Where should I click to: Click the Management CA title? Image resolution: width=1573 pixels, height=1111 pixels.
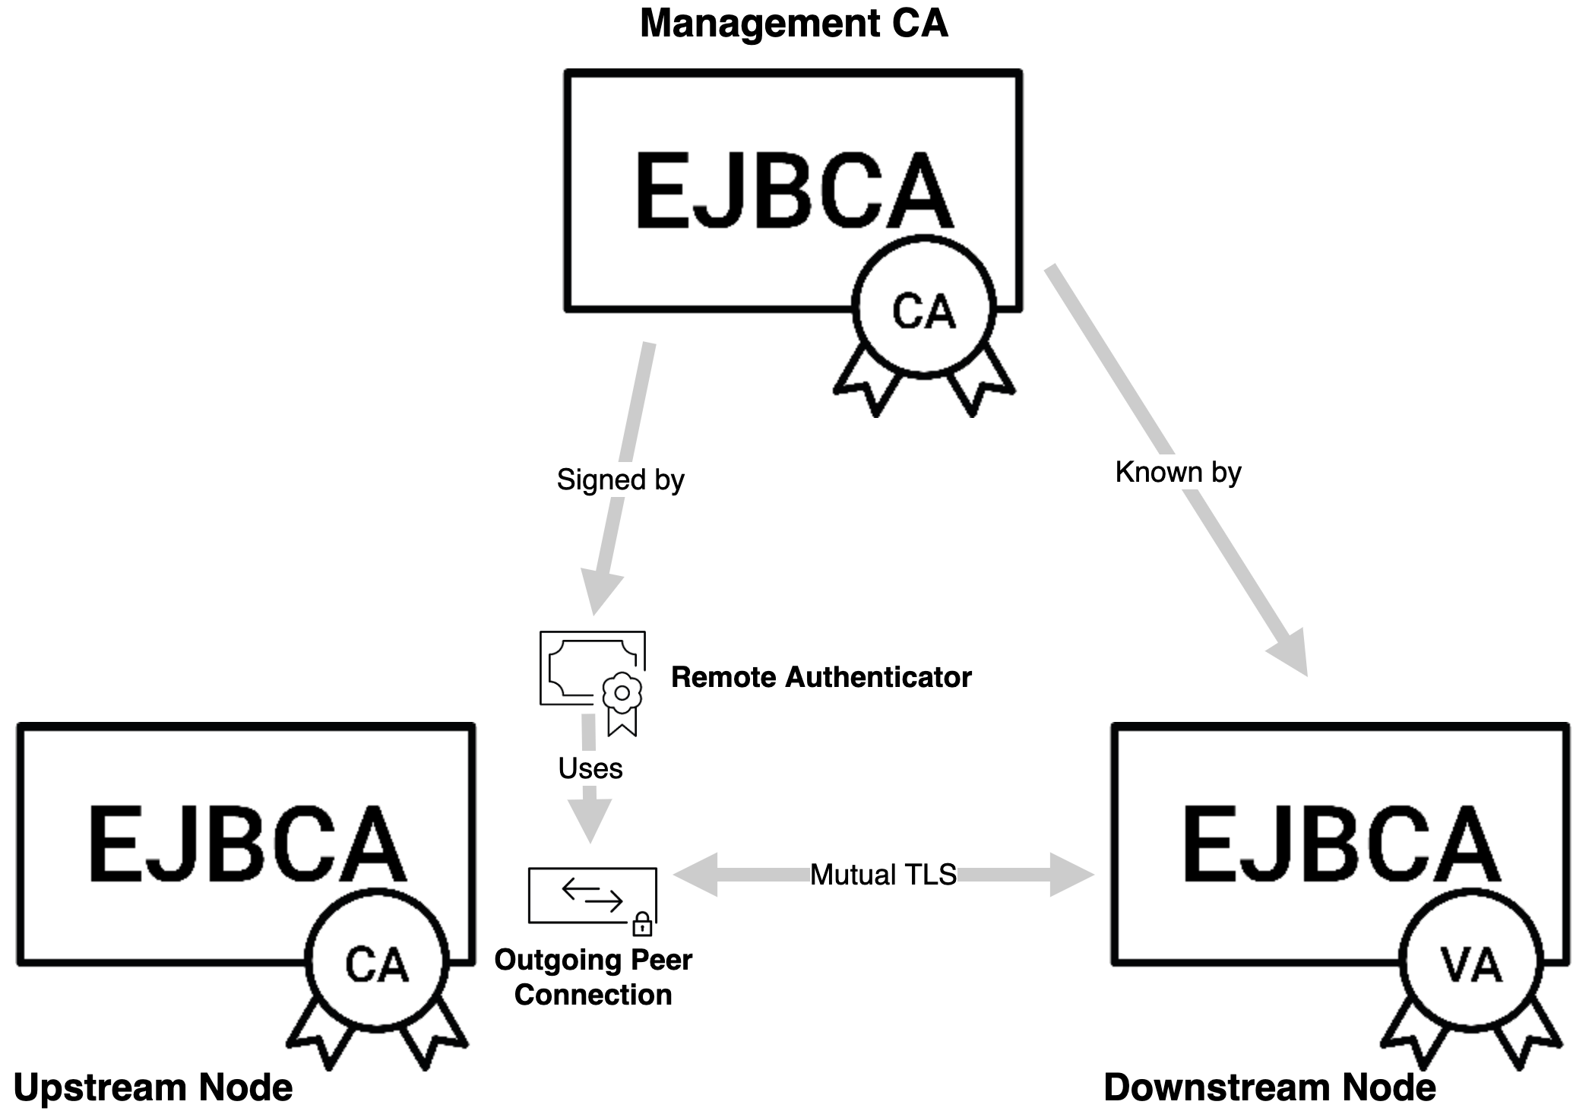[793, 23]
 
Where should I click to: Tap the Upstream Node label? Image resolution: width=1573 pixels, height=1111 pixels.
[153, 1087]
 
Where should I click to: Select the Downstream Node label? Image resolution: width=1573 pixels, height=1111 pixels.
[1269, 1087]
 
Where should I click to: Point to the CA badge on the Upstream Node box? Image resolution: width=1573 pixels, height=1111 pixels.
[377, 964]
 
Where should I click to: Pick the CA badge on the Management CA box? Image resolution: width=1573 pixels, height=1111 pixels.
[923, 310]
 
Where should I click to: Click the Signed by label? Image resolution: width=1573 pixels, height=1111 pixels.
[620, 480]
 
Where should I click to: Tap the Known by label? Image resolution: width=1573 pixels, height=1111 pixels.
[1178, 472]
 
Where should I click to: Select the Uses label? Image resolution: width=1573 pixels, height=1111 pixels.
[590, 768]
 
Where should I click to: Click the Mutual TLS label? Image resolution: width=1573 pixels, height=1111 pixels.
[883, 875]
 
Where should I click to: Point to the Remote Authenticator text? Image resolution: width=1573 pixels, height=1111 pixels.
[821, 677]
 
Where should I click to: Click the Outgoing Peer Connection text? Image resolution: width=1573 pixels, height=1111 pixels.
[593, 977]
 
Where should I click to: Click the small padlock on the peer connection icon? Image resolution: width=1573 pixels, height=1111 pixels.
[642, 924]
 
